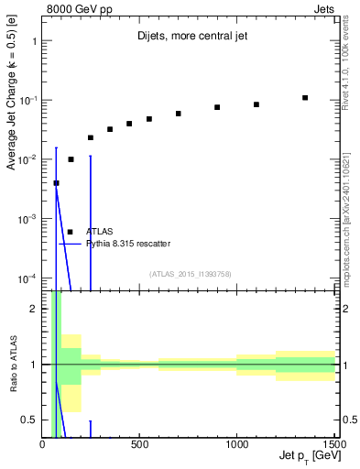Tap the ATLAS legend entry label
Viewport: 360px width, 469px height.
click(x=99, y=232)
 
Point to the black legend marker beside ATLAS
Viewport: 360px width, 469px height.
click(x=71, y=232)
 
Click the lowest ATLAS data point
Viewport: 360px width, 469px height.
click(x=56, y=183)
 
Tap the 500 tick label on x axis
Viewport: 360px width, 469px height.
click(x=139, y=444)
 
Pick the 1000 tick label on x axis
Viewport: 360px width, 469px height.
click(x=236, y=444)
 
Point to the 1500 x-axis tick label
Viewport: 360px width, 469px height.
click(x=333, y=444)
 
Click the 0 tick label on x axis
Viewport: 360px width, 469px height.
click(x=43, y=444)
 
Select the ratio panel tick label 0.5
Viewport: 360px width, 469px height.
click(x=28, y=420)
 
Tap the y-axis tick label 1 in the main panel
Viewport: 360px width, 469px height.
click(x=33, y=41)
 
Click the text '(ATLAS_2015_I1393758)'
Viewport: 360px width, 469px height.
click(x=191, y=273)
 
